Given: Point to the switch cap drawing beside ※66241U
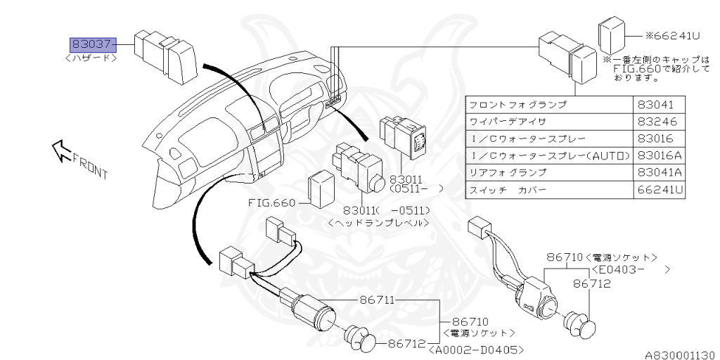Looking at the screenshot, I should [612, 34].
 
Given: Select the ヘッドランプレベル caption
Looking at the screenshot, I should [378, 223].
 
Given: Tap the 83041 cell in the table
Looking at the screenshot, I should [656, 104].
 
